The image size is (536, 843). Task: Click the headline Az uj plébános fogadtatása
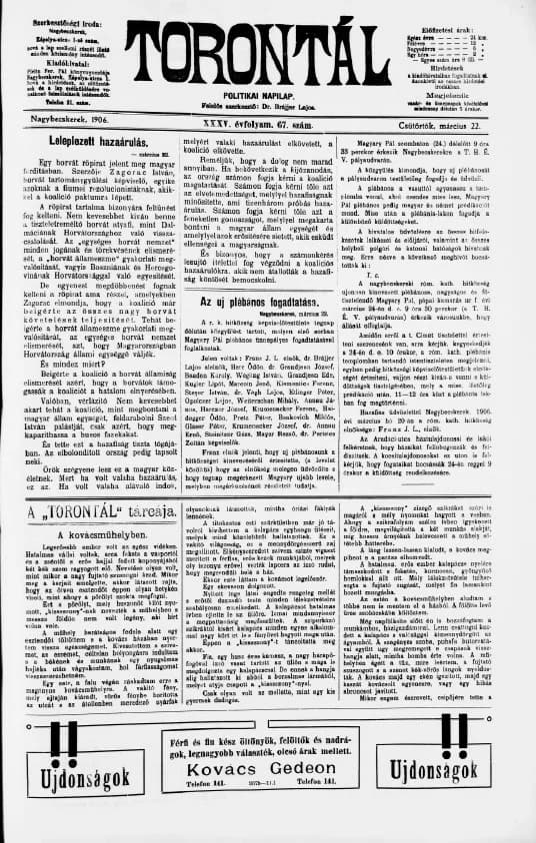[267, 301]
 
